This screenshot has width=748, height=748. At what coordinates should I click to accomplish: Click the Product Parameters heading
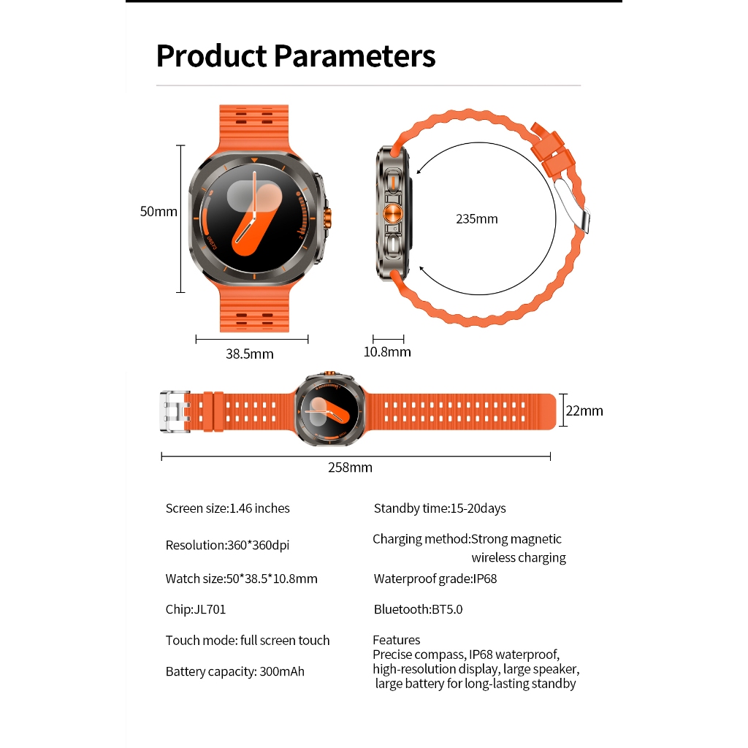pos(296,56)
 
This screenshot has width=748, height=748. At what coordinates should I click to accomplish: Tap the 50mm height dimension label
pos(159,211)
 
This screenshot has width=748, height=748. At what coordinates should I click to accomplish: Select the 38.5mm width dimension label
pos(250,354)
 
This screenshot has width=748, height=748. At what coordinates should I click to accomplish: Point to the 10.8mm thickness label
pos(387,352)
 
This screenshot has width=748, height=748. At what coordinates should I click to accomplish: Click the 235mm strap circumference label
pos(476,219)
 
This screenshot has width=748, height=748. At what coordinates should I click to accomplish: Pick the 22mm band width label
pos(584,411)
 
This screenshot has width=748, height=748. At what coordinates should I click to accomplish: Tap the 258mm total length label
pos(350,467)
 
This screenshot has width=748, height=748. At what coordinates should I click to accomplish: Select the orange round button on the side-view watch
pos(392,214)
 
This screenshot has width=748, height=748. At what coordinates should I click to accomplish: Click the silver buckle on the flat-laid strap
pos(175,412)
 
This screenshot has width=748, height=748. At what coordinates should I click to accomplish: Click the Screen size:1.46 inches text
pos(228,508)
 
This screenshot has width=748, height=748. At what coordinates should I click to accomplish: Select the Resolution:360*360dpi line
pos(227,545)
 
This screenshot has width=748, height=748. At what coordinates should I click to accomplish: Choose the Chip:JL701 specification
pos(196,610)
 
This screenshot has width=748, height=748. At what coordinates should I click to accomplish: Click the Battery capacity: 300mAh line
pos(234,672)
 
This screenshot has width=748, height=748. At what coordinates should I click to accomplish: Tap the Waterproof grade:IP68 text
pos(435,579)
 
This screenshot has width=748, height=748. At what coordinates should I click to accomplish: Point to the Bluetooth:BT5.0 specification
pos(418,610)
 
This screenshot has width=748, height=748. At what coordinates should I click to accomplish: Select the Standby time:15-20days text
pos(440,508)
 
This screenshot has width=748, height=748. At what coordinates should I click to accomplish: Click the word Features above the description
pos(397,640)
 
